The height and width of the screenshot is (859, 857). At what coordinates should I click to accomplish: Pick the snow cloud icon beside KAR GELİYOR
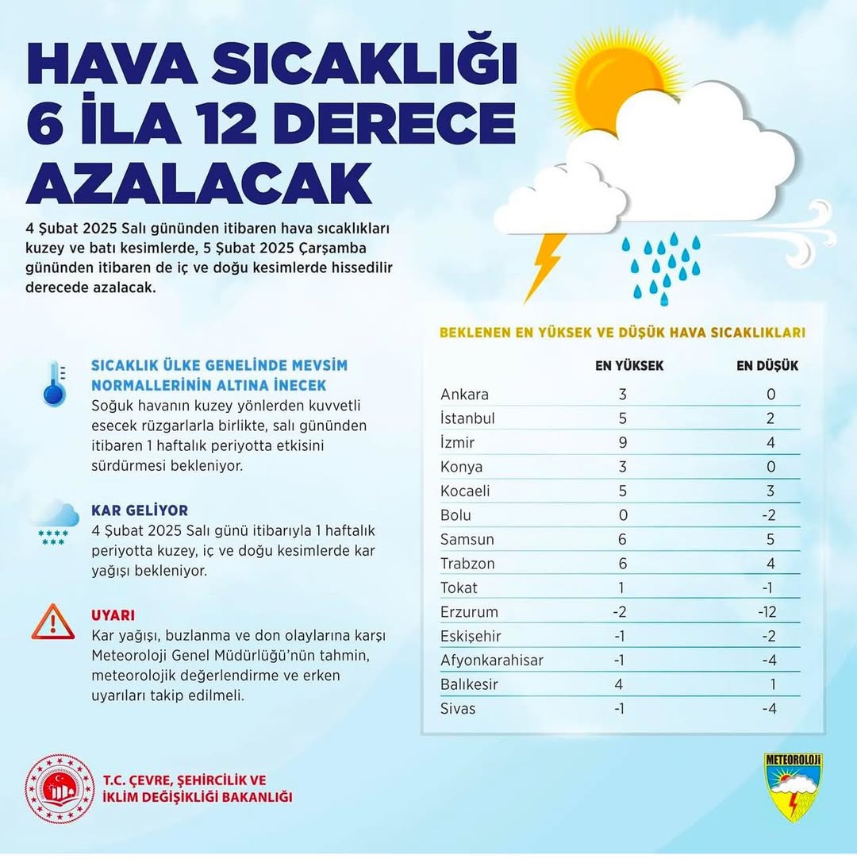[54, 522]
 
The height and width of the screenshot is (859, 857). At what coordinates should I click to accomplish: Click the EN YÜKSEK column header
[629, 366]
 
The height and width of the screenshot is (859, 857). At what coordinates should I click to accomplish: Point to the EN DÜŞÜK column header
[767, 366]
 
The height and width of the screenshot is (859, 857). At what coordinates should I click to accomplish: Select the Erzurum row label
[469, 612]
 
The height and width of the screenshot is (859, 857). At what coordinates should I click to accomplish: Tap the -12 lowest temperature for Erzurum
[768, 612]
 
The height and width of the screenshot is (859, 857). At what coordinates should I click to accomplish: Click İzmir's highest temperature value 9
[623, 443]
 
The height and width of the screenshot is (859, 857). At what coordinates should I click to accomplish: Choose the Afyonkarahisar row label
[492, 661]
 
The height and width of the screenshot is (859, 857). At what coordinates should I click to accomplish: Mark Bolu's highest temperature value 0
[623, 515]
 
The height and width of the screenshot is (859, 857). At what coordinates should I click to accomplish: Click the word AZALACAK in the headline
[199, 184]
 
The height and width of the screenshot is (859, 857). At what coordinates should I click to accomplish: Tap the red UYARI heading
[113, 615]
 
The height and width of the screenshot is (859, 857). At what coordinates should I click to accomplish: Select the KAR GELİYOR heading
[140, 510]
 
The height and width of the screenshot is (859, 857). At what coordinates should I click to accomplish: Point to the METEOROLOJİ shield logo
[793, 787]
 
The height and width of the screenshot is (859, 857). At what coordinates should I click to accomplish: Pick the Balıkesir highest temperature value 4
[623, 684]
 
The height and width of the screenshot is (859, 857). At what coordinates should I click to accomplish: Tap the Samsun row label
[467, 540]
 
